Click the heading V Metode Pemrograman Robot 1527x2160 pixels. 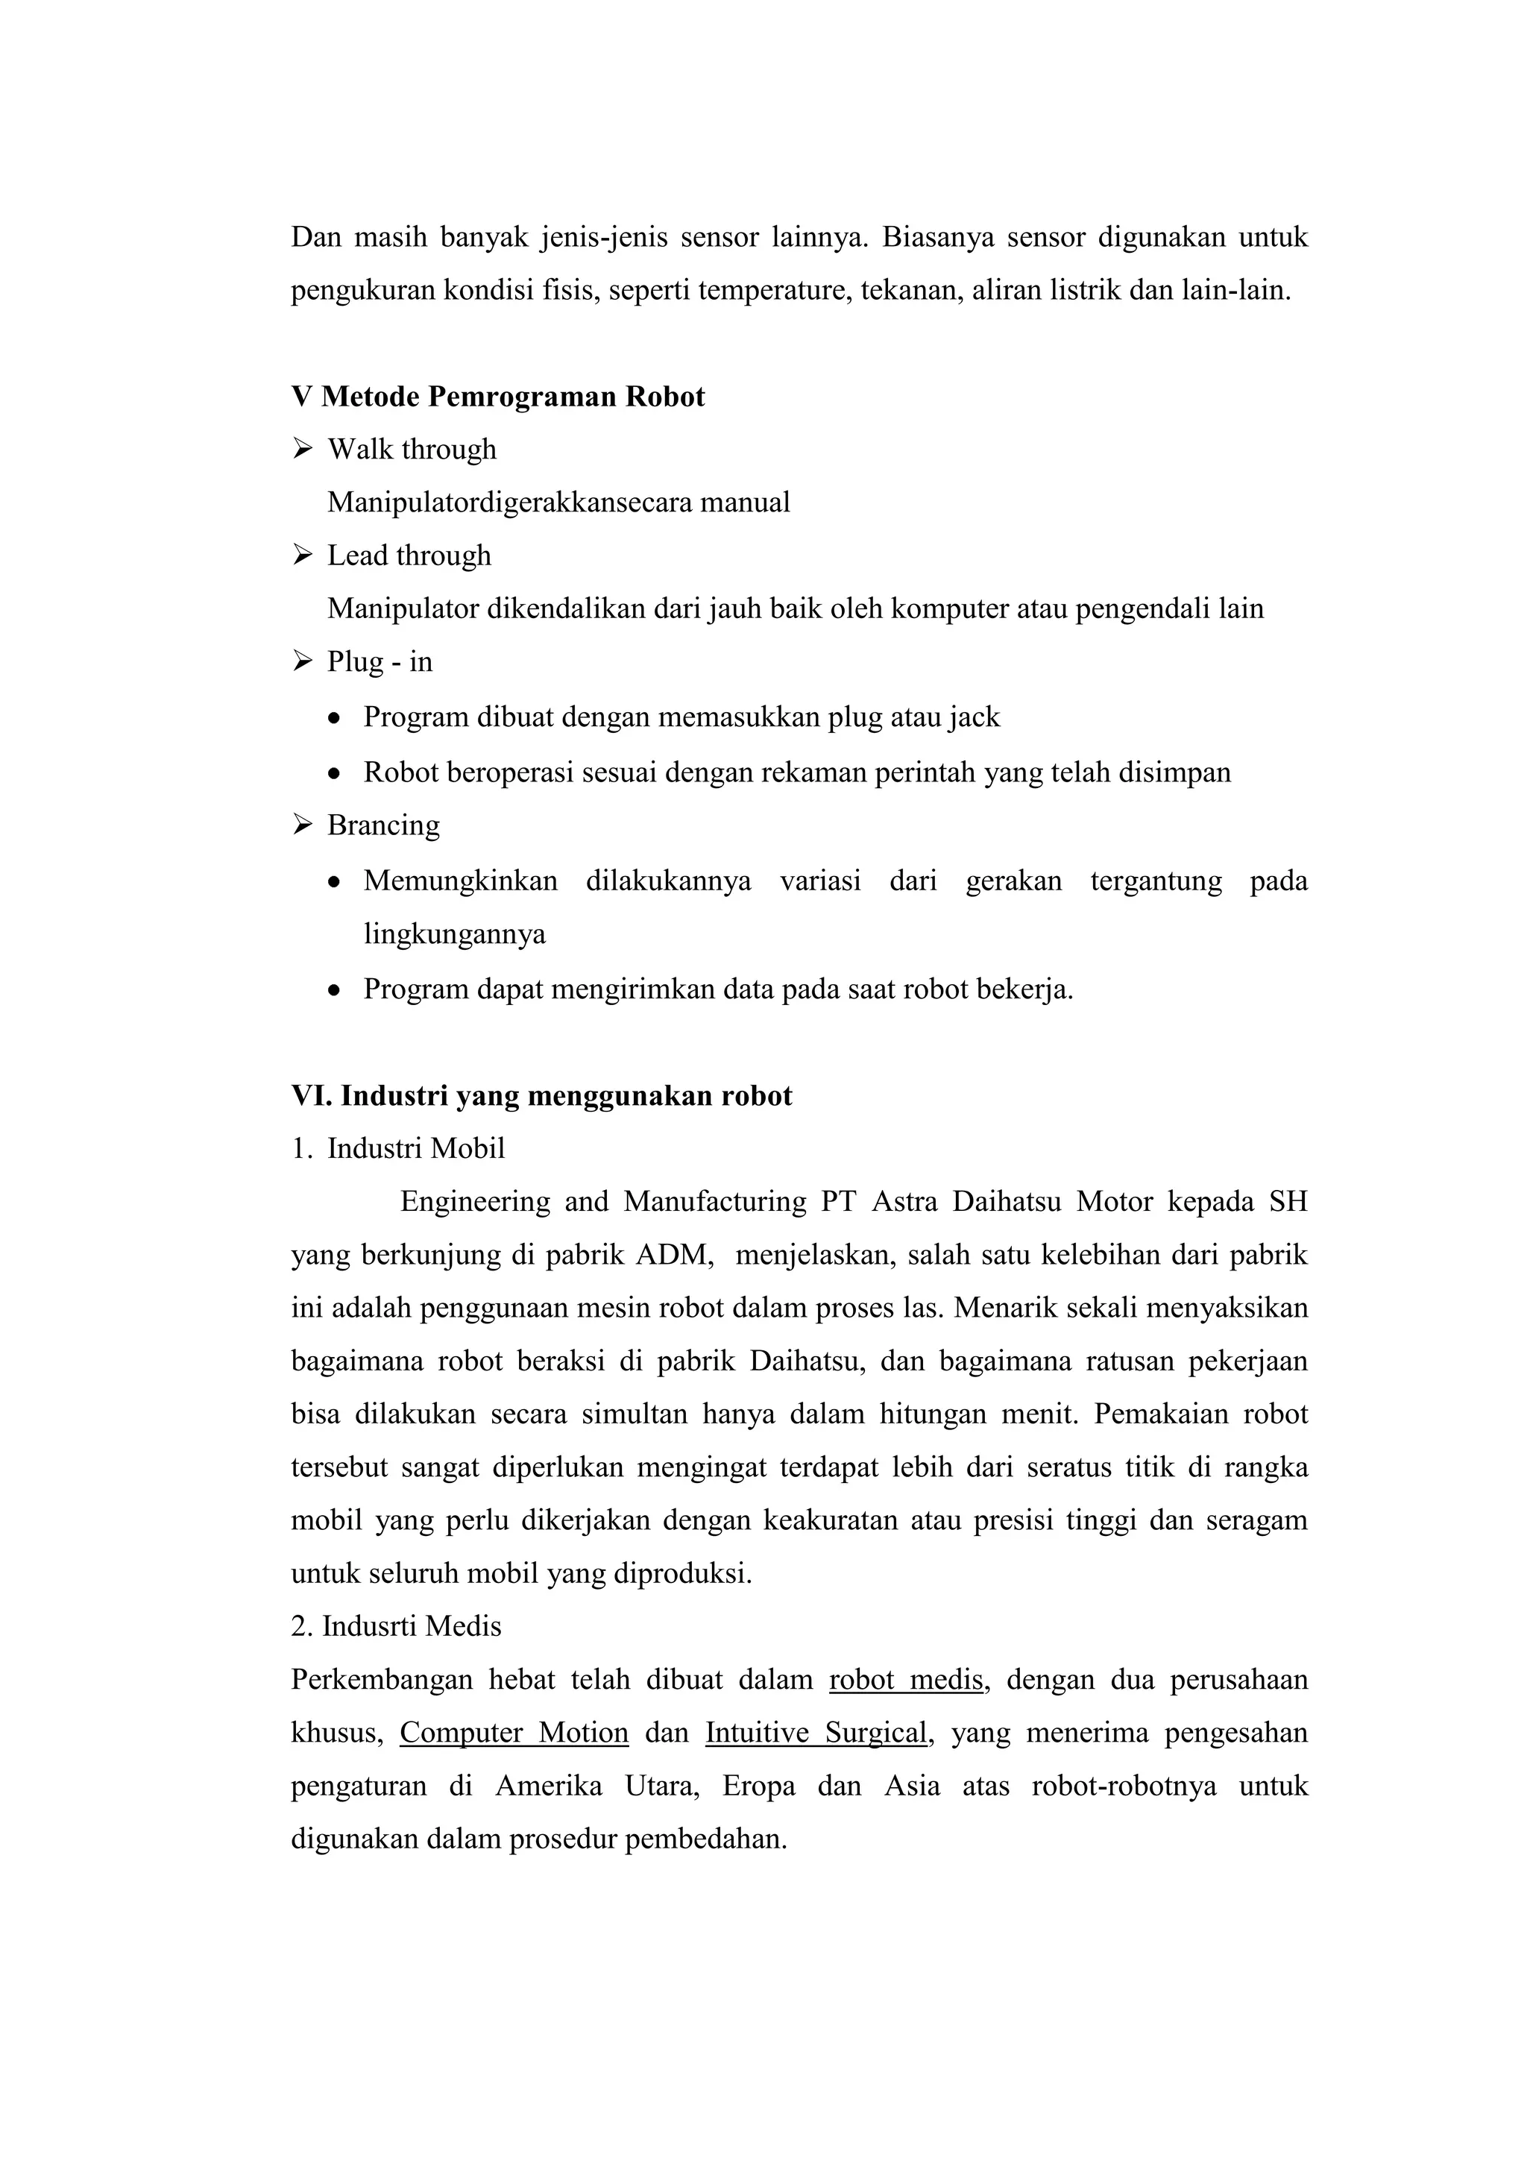click(x=498, y=396)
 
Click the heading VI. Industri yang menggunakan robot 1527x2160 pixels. click(x=541, y=1095)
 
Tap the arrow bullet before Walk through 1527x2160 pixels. click(x=302, y=449)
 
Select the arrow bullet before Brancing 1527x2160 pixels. click(x=302, y=825)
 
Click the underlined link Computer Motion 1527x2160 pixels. click(x=514, y=1733)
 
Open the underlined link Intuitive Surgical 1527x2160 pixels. click(x=816, y=1733)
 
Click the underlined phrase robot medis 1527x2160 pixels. click(x=906, y=1679)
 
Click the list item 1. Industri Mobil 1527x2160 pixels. click(x=398, y=1149)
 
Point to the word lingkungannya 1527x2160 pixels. click(x=454, y=934)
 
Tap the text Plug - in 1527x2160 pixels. click(x=380, y=662)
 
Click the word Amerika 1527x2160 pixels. click(x=549, y=1786)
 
